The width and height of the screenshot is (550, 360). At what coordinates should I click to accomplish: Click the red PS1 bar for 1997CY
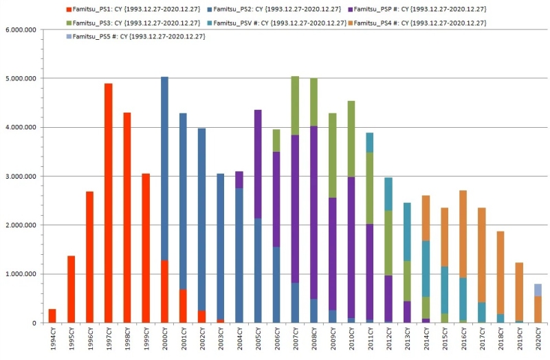pos(108,203)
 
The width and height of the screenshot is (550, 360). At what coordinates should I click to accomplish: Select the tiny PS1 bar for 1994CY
pos(52,316)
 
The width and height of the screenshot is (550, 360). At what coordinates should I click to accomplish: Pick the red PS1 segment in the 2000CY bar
pos(164,291)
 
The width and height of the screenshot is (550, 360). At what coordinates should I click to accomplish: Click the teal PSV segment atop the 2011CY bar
pos(370,142)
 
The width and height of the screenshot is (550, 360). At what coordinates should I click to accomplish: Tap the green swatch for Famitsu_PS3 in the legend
pos(67,23)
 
